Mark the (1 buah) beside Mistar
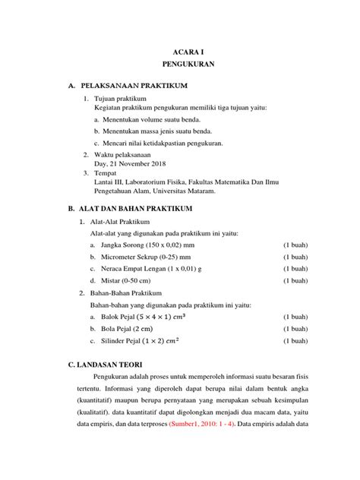coord(296,280)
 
